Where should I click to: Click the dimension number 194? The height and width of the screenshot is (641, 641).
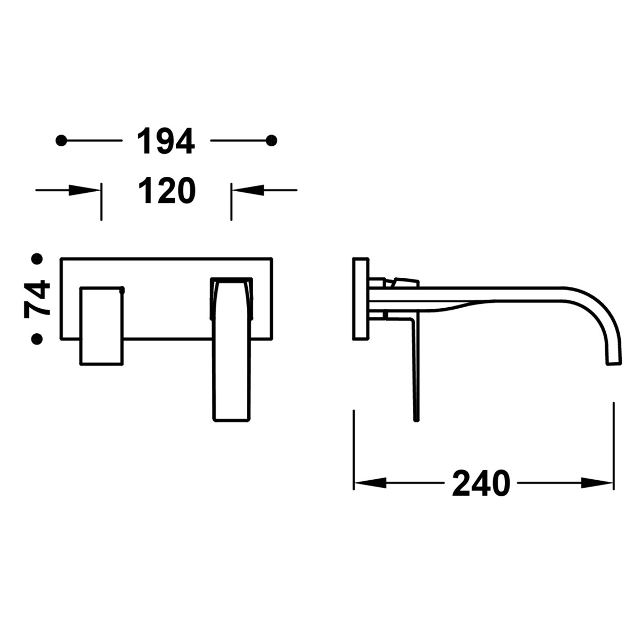coord(166,142)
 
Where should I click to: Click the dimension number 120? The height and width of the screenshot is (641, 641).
coord(166,191)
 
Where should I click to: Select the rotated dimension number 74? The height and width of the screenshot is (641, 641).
coord(37,299)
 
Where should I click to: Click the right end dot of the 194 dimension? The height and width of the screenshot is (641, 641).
coord(272,140)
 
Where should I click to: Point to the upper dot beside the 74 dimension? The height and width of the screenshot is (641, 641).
coord(37,260)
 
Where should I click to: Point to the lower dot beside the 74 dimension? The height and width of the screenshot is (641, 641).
coord(37,339)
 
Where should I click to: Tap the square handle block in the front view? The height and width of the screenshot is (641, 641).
coord(101,326)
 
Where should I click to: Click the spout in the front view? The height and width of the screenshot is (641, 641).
coord(232,369)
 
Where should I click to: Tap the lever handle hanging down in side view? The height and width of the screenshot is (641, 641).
coord(416,374)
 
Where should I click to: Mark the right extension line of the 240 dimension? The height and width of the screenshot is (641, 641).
coord(613,443)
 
